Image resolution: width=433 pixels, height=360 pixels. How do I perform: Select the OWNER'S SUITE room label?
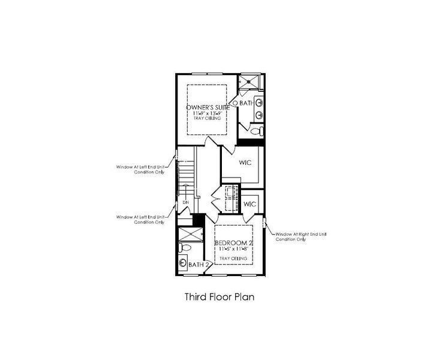pos(207,107)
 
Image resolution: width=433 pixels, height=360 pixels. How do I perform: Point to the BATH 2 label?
pos(199,265)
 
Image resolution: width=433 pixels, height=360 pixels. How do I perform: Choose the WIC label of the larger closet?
pos(244,163)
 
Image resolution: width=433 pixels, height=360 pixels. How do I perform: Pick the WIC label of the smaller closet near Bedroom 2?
pos(250,204)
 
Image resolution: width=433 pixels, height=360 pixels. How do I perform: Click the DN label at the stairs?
pos(186,203)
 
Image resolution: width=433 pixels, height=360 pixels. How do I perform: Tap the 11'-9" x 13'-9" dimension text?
pos(207,113)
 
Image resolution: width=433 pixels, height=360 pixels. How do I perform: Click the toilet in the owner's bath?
pos(255,131)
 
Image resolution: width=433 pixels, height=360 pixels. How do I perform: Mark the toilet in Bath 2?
pos(184,247)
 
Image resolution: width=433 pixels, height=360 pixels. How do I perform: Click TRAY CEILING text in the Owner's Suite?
pos(207,119)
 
